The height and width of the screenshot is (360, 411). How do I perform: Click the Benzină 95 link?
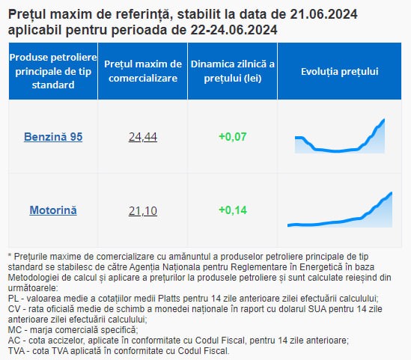[x=53, y=137]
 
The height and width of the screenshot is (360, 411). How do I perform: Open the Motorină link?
[x=53, y=210]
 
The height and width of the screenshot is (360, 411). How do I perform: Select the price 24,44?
[x=143, y=137]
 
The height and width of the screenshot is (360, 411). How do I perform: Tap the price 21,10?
[x=143, y=210]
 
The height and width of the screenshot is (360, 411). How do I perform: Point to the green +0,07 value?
[x=233, y=137]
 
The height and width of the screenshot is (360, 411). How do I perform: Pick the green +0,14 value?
[x=233, y=210]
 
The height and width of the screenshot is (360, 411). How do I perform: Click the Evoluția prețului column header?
[x=340, y=72]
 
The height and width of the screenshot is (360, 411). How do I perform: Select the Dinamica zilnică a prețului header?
[x=233, y=71]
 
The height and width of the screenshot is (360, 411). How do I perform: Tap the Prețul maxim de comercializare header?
[x=143, y=71]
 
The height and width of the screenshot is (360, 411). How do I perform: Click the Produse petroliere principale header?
[x=53, y=71]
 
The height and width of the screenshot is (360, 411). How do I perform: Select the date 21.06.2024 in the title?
[x=323, y=14]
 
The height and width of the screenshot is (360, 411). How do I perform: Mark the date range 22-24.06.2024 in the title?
[x=234, y=30]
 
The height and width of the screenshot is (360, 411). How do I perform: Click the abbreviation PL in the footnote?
[x=13, y=299]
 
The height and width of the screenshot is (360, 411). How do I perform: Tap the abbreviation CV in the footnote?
[x=14, y=309]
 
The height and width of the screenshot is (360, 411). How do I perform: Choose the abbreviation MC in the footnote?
[x=14, y=330]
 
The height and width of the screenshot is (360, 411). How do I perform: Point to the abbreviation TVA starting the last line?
[x=16, y=351]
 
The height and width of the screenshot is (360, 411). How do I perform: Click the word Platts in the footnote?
[x=169, y=299]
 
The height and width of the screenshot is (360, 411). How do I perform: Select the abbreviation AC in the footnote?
[x=14, y=341]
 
